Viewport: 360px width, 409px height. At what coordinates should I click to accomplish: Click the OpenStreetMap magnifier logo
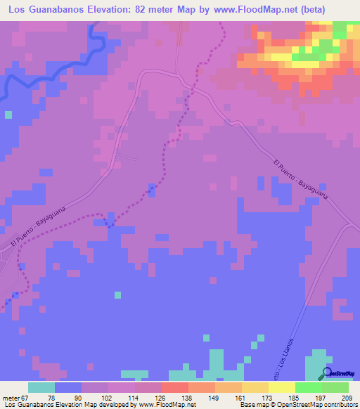(x=327, y=374)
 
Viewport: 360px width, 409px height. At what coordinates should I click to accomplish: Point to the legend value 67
(x=24, y=398)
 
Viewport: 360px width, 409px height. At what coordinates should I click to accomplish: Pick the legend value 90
(x=77, y=398)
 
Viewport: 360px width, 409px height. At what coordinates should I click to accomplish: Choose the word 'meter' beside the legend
(x=9, y=398)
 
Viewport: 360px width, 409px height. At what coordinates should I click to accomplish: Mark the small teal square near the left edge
(x=8, y=114)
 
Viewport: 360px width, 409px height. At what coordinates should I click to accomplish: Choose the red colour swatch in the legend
(x=175, y=387)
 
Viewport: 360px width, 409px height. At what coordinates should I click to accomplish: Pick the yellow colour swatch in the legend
(x=282, y=387)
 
